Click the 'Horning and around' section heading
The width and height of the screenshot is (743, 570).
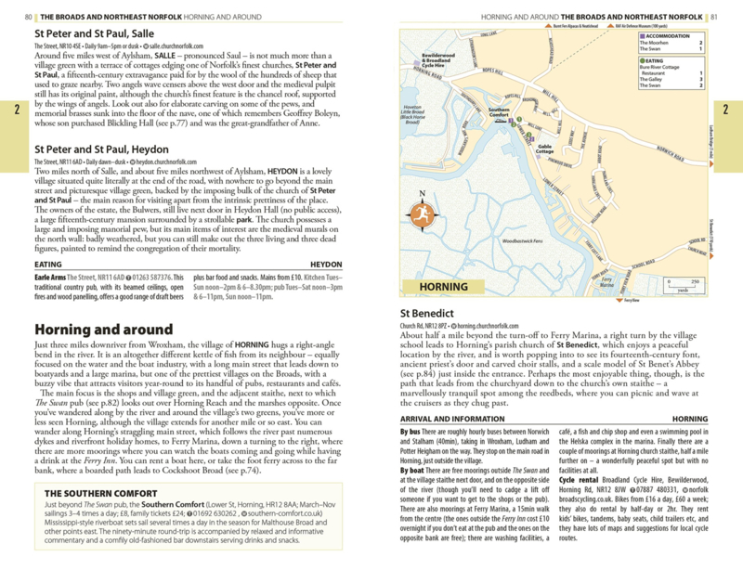click(x=102, y=330)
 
